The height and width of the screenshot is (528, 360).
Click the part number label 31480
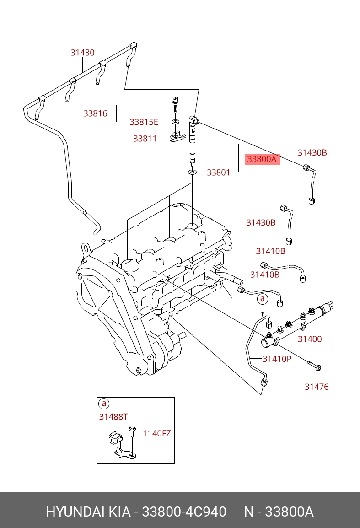82,53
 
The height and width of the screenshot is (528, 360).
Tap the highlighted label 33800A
262,159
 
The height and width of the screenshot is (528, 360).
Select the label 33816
95,113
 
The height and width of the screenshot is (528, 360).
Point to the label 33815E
144,122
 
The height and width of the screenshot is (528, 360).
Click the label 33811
145,139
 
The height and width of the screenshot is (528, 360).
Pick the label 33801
219,172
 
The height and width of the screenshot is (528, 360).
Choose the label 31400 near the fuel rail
310,339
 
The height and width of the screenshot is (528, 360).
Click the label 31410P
277,359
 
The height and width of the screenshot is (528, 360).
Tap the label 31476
317,387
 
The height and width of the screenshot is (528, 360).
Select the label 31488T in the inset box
113,416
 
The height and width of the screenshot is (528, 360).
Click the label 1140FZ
157,433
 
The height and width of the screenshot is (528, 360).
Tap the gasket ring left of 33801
192,172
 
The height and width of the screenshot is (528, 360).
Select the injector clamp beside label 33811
174,136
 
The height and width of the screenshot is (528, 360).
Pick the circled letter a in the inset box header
104,404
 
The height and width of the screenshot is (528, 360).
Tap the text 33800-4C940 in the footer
184,512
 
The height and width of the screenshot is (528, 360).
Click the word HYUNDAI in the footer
75,512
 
